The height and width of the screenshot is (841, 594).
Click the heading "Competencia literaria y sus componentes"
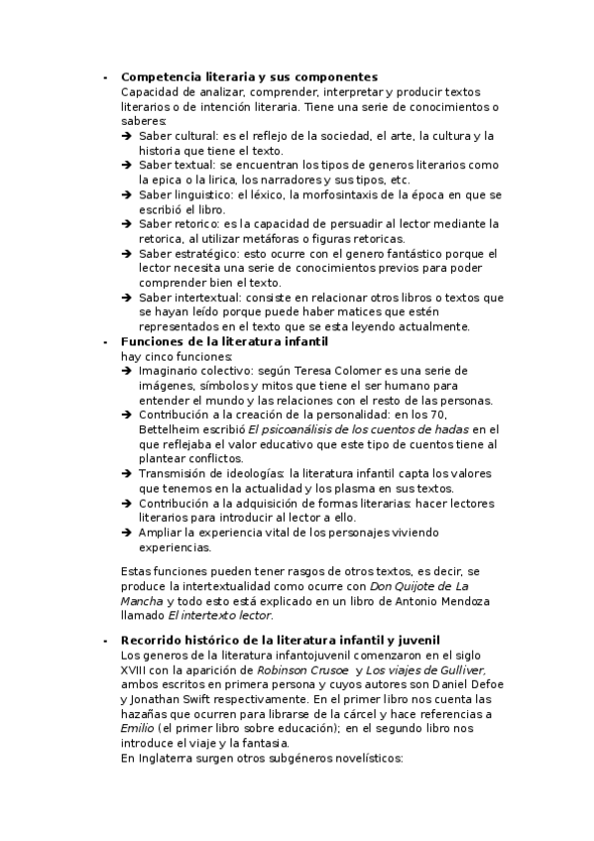tap(249, 76)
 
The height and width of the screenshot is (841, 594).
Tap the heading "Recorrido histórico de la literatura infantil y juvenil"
tap(280, 640)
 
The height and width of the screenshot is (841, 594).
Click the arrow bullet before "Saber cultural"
tap(127, 136)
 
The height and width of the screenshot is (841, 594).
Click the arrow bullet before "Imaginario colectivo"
tap(127, 371)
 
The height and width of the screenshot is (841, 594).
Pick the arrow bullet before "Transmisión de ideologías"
tap(127, 474)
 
